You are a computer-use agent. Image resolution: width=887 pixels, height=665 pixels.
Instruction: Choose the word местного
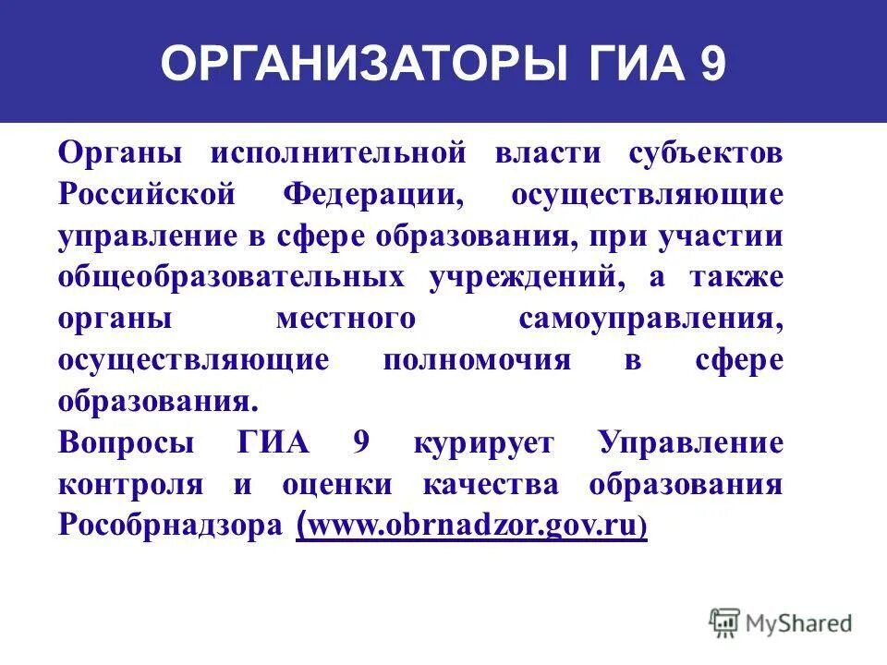click(345, 319)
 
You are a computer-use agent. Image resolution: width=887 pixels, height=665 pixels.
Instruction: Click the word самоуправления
click(650, 320)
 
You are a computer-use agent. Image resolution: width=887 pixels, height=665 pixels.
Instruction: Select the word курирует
click(484, 442)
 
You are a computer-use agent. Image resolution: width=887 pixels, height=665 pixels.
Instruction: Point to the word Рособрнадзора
click(171, 526)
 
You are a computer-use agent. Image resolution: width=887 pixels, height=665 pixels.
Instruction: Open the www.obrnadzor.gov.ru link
click(471, 526)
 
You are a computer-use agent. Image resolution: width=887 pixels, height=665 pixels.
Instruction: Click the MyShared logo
click(781, 623)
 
